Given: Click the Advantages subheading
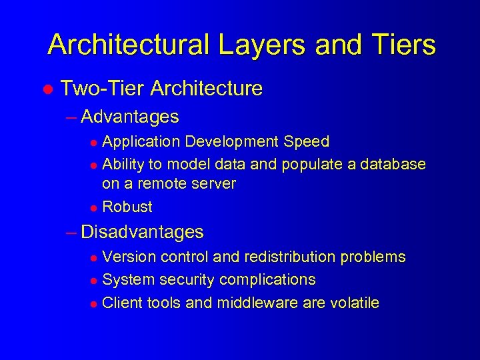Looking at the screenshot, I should point(129,117).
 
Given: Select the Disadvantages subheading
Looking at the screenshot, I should point(141,232).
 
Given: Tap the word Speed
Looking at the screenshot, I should point(307,141).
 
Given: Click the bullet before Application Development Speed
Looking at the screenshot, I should point(94,143).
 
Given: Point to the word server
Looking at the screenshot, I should point(213,183).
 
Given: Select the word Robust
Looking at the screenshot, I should point(127,207).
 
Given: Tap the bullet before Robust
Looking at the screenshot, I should point(94,207).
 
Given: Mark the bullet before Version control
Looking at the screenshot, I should point(94,258).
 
